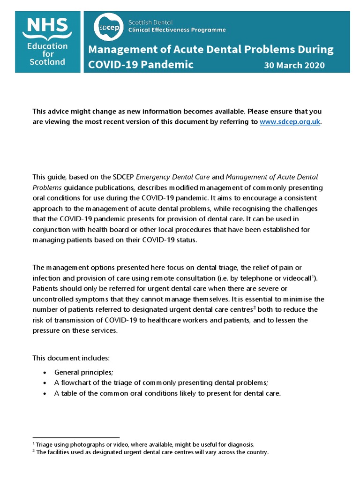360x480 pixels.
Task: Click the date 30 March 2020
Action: pyautogui.click(x=294, y=65)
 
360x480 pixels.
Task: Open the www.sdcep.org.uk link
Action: pyautogui.click(x=290, y=122)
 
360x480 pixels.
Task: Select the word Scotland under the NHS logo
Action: pyautogui.click(x=47, y=62)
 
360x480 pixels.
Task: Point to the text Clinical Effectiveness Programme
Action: pyautogui.click(x=177, y=30)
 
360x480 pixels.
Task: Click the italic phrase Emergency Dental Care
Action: pyautogui.click(x=173, y=177)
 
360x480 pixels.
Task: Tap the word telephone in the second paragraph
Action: pyautogui.click(x=268, y=278)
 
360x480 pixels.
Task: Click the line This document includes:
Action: pyautogui.click(x=71, y=358)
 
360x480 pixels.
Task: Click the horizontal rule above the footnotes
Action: pyautogui.click(x=76, y=437)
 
